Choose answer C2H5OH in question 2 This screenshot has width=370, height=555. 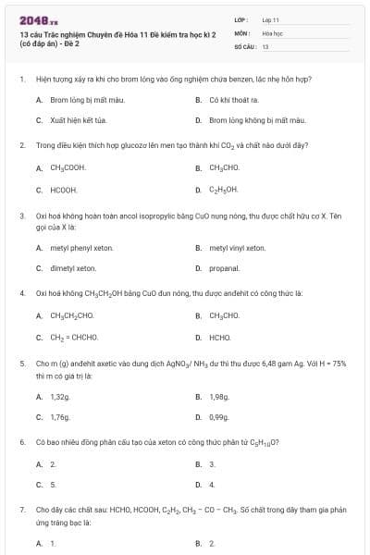point(224,190)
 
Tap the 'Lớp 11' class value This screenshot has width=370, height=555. point(271,18)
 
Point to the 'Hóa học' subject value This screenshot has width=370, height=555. point(272,32)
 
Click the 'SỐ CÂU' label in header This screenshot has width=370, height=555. point(244,45)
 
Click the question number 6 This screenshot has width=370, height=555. point(22,442)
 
